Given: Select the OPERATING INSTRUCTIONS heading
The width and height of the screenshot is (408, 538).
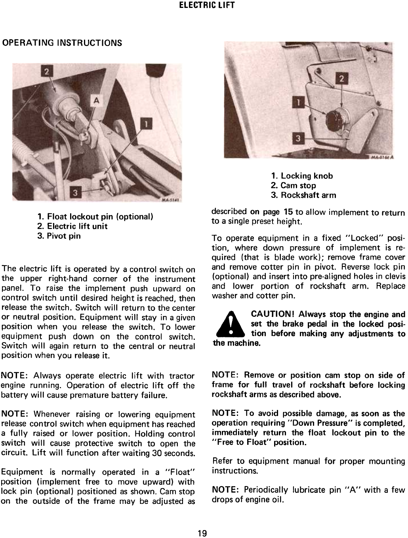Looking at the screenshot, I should [x=62, y=42].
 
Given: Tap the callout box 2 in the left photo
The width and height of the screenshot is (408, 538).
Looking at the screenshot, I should [x=47, y=72].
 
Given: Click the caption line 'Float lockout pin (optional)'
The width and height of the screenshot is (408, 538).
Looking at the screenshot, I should [x=95, y=217].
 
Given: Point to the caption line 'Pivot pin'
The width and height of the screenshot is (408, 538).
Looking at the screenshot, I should [x=59, y=236].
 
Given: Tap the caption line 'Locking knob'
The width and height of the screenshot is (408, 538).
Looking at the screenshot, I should [x=302, y=176].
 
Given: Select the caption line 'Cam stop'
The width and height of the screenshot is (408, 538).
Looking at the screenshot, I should [x=294, y=186].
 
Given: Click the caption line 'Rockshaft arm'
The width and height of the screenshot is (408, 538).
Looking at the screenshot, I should [x=303, y=195].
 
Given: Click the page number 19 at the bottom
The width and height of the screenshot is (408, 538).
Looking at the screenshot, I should [x=202, y=533].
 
